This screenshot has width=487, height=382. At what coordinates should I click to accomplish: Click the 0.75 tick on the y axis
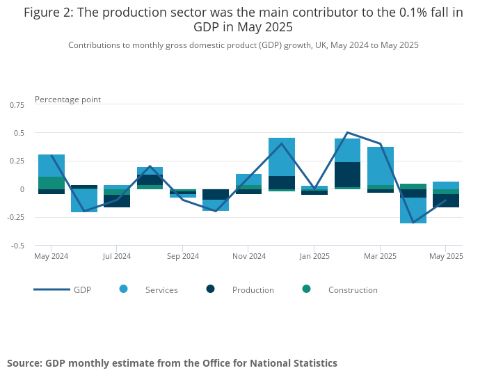[x=16, y=104]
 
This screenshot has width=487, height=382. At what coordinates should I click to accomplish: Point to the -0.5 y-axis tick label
[x=17, y=246]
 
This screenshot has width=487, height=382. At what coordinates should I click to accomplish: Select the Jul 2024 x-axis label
[x=117, y=256]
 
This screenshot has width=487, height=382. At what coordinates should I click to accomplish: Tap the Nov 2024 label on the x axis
[x=249, y=256]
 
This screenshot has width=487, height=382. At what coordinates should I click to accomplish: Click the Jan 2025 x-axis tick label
[x=314, y=256]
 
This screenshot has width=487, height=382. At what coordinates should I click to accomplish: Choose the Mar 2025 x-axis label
[x=380, y=256]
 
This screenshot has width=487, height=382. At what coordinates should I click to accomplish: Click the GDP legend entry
[x=82, y=290]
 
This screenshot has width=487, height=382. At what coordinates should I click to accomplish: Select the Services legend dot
[x=124, y=289]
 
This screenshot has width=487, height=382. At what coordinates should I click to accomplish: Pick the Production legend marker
[x=211, y=289]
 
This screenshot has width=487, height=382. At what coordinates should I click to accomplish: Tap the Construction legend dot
[x=306, y=289]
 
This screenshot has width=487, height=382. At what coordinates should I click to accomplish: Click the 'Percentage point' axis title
[x=67, y=100]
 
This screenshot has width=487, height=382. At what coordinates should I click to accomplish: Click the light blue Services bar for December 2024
[x=282, y=157]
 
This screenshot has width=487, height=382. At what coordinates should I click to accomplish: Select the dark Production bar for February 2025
[x=347, y=175]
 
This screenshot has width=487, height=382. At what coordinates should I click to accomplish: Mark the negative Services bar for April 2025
[x=413, y=210]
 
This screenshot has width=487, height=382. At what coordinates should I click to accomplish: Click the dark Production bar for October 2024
[x=216, y=194]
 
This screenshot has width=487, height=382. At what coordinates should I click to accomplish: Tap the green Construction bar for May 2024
[x=51, y=183]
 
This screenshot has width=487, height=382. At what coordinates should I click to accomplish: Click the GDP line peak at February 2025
[x=347, y=132]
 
